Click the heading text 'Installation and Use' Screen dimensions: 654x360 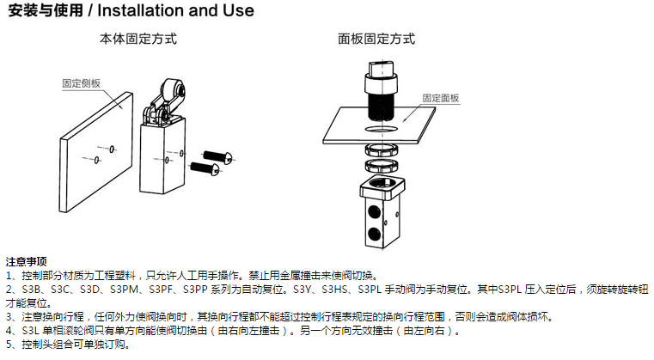coord(175,10)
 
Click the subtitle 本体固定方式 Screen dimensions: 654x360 coord(138,39)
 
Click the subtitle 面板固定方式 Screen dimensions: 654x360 coord(376,39)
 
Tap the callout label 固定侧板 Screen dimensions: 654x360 coord(82,83)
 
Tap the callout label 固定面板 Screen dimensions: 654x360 coord(441,98)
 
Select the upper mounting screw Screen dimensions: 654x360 coord(217,157)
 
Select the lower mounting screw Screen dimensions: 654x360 coord(205,168)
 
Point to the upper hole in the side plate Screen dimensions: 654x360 coord(112,149)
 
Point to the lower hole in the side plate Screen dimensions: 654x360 coord(97,160)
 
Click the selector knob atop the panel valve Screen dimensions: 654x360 coord(382,70)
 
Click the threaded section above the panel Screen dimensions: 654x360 coord(382,107)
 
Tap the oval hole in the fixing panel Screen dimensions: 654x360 coord(382,130)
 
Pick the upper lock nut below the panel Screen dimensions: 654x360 coord(382,149)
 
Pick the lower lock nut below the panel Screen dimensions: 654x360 coord(382,166)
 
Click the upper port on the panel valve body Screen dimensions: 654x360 coord(374,212)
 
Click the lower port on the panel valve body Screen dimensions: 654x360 coord(374,234)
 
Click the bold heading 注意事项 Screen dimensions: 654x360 coord(27,261)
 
